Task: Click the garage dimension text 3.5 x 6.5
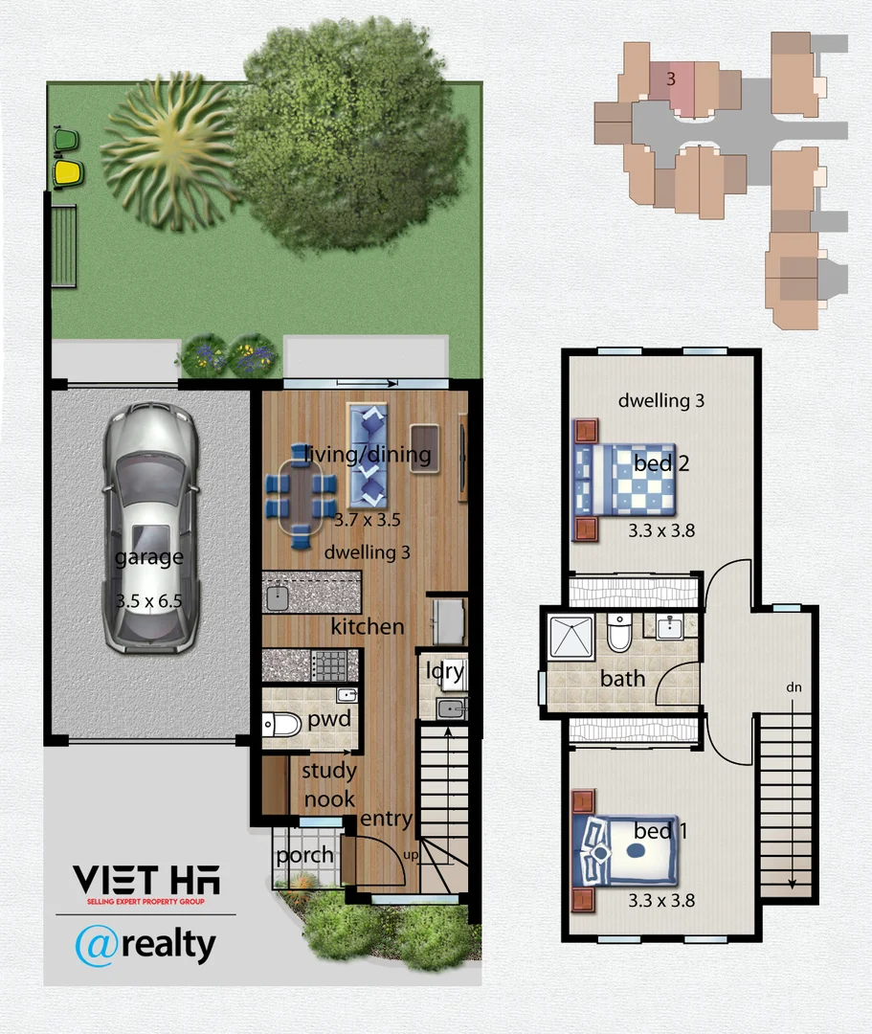tap(148, 601)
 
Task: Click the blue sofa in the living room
tap(369, 455)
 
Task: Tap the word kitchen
tap(367, 627)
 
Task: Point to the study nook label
tap(328, 784)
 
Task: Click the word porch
tap(304, 855)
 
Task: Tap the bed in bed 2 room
tap(628, 479)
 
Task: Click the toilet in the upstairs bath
tap(618, 632)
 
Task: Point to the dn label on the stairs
tap(794, 686)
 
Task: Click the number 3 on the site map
tap(671, 79)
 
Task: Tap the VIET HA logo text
tap(145, 879)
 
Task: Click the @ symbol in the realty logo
tap(96, 945)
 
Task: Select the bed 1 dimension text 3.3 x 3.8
tap(660, 900)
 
